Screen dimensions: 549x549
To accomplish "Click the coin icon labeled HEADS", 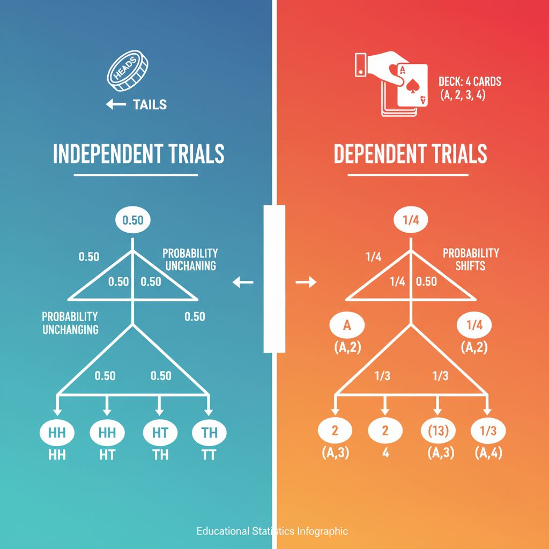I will tap(128, 73).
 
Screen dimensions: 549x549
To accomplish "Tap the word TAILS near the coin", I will tap(150, 104).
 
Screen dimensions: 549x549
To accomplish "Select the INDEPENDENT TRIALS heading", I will tap(138, 154).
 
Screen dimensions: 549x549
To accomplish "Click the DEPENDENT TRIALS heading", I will tap(410, 154).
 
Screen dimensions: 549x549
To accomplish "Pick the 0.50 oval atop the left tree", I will tap(133, 220).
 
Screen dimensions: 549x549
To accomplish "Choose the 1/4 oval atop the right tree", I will tap(411, 220).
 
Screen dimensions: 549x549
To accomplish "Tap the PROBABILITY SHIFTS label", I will tap(471, 259).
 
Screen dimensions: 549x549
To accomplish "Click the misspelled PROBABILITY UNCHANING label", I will tap(190, 259).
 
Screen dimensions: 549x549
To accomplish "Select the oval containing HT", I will tap(160, 433).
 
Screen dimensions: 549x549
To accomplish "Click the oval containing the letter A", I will tap(346, 325).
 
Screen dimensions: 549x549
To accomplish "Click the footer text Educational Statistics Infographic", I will tap(272, 531).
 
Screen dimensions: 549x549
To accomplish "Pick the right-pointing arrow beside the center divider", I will tap(306, 283).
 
